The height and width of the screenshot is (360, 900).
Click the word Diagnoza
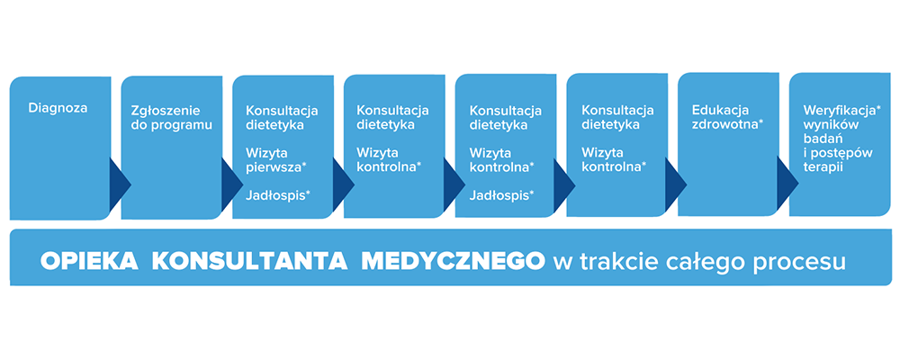pyautogui.click(x=58, y=107)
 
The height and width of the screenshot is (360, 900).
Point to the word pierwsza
pyautogui.click(x=274, y=167)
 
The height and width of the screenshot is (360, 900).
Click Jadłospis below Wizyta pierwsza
pyautogui.click(x=275, y=195)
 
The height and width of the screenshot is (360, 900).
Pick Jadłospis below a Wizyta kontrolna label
pyautogui.click(x=499, y=195)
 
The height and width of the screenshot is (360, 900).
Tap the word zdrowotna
pyautogui.click(x=724, y=124)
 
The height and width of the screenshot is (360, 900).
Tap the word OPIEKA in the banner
pyautogui.click(x=89, y=262)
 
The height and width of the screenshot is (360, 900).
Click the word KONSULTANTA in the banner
pyautogui.click(x=249, y=262)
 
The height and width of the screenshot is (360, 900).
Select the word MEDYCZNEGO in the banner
pyautogui.click(x=454, y=262)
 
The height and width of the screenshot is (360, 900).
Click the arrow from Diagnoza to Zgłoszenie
pyautogui.click(x=120, y=184)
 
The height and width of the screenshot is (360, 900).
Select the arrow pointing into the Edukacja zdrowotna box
pyautogui.click(x=676, y=184)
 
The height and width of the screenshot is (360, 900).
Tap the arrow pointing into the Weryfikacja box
pyautogui.click(x=787, y=184)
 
